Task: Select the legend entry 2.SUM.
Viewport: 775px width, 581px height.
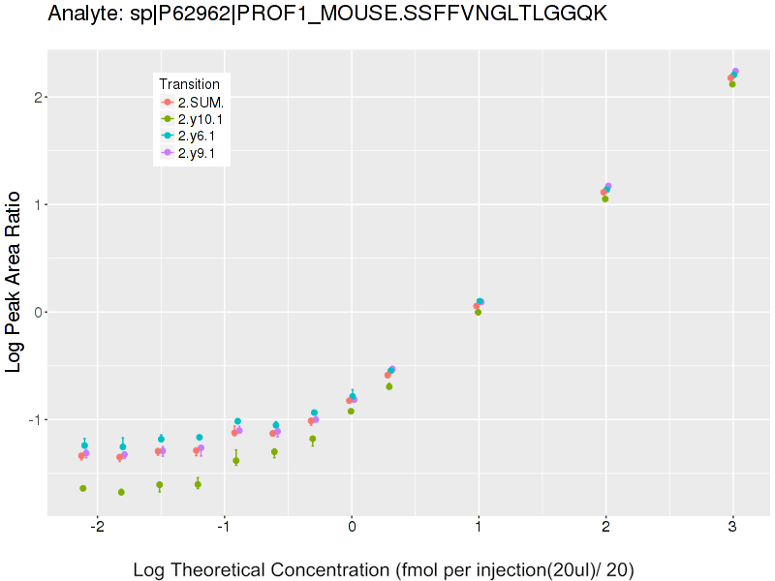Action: tap(201, 102)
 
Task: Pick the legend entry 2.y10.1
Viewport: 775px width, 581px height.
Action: tap(201, 118)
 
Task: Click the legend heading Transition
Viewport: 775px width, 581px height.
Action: tap(195, 83)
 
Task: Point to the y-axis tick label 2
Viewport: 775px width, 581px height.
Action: tap(36, 97)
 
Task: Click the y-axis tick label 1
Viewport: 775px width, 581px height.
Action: tap(36, 204)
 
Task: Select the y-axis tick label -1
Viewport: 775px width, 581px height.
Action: tap(33, 419)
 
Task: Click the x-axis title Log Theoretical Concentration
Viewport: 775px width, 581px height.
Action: tap(384, 569)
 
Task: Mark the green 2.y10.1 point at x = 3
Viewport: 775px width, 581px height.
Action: tap(732, 84)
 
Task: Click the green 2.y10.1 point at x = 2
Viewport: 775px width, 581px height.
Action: tap(605, 199)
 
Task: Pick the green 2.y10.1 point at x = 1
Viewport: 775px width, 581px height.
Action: tap(479, 312)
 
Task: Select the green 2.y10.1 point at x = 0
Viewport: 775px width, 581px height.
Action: tap(351, 411)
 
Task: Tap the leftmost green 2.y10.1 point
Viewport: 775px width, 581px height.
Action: tap(83, 488)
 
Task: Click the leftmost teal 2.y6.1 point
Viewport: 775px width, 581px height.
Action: tap(84, 445)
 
